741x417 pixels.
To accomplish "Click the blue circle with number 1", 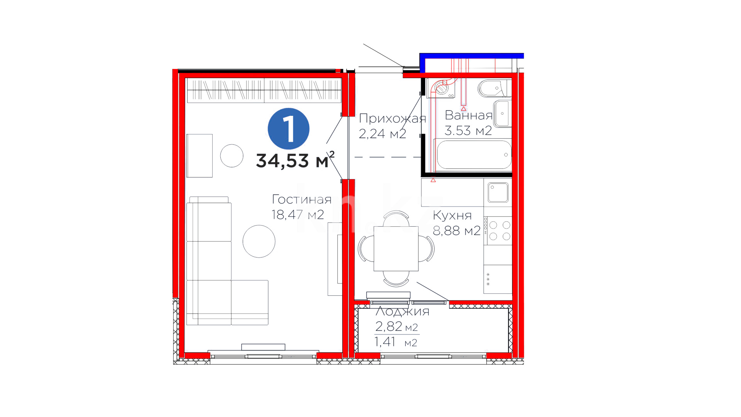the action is tap(289, 129).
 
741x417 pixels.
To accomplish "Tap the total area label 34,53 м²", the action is tap(295, 160).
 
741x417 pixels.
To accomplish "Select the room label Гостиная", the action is tap(302, 199).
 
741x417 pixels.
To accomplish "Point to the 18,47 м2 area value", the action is tap(298, 215).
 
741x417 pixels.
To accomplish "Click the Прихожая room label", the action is tap(392, 118).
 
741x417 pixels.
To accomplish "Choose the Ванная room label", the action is tap(469, 115).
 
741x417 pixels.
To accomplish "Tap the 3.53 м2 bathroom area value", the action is tap(468, 131).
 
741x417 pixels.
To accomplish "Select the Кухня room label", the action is tap(452, 215).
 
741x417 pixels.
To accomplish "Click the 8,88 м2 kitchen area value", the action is tap(457, 231).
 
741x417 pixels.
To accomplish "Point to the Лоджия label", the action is tap(403, 311).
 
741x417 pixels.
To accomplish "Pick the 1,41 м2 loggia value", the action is tap(396, 342).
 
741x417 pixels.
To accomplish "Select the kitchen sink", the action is tap(498, 192).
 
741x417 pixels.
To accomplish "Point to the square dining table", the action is tap(396, 248).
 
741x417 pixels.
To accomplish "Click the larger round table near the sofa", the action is tap(259, 241).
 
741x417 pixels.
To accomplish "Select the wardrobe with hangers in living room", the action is tap(264, 90).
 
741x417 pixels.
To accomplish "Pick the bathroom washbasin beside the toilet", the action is tap(502, 114).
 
